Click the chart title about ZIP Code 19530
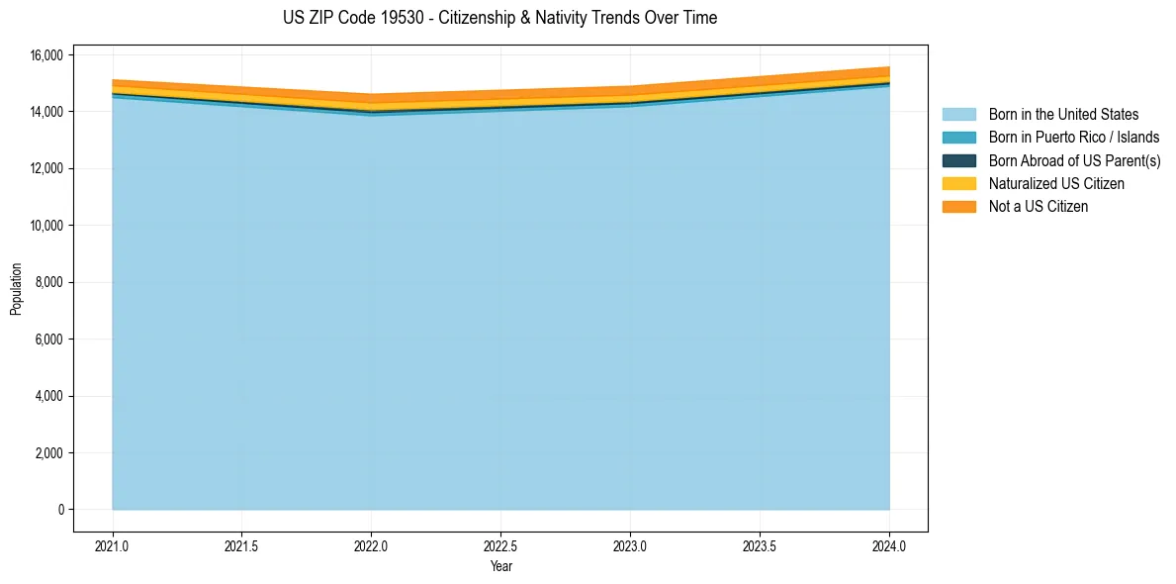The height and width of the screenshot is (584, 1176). click(x=499, y=18)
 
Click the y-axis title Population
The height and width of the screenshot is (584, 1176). click(x=16, y=289)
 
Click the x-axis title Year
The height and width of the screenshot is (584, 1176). click(x=500, y=566)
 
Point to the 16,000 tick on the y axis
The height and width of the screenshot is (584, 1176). click(x=45, y=55)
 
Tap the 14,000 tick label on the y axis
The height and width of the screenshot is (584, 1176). click(x=45, y=112)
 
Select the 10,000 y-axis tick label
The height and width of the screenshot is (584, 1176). click(x=45, y=226)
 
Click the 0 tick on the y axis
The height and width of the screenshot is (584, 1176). click(x=60, y=510)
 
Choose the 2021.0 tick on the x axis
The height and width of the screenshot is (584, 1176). click(x=113, y=545)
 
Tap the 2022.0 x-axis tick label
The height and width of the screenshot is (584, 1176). click(x=371, y=545)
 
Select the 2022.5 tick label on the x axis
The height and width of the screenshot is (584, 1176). click(x=500, y=545)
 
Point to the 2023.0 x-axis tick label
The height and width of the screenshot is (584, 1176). click(x=630, y=545)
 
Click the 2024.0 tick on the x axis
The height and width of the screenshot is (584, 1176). click(x=889, y=545)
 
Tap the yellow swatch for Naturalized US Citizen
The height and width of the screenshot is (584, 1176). click(x=958, y=184)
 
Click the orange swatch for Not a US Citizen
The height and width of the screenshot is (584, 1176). click(x=958, y=207)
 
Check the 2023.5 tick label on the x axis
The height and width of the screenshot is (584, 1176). click(x=760, y=545)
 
